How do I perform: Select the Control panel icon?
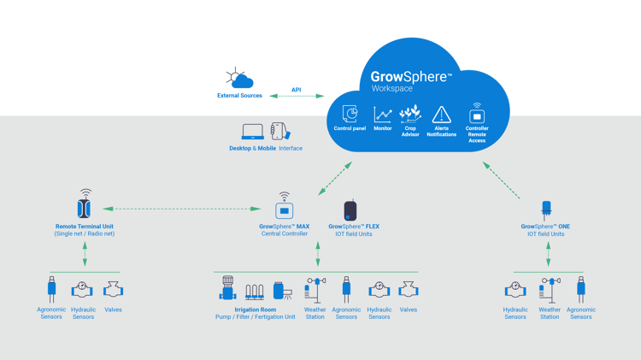click(x=350, y=114)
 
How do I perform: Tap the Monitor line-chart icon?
click(x=383, y=114)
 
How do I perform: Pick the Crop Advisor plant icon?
click(x=410, y=113)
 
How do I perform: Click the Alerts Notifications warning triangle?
click(x=442, y=114)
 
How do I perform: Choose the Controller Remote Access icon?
click(x=477, y=114)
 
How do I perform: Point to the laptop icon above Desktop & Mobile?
click(x=253, y=132)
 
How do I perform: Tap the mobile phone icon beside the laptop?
click(x=278, y=131)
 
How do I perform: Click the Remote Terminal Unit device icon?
click(x=85, y=207)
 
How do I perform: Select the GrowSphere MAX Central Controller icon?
click(x=285, y=209)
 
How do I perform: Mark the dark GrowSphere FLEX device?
click(x=350, y=210)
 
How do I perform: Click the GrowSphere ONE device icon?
click(x=545, y=210)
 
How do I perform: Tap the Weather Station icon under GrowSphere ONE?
click(x=550, y=289)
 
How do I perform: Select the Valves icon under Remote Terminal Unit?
click(x=113, y=289)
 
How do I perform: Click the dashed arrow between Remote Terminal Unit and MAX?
click(x=184, y=209)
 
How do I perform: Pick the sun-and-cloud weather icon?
click(x=238, y=79)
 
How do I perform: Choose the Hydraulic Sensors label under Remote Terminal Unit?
click(x=83, y=313)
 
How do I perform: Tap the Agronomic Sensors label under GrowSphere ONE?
click(x=581, y=313)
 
